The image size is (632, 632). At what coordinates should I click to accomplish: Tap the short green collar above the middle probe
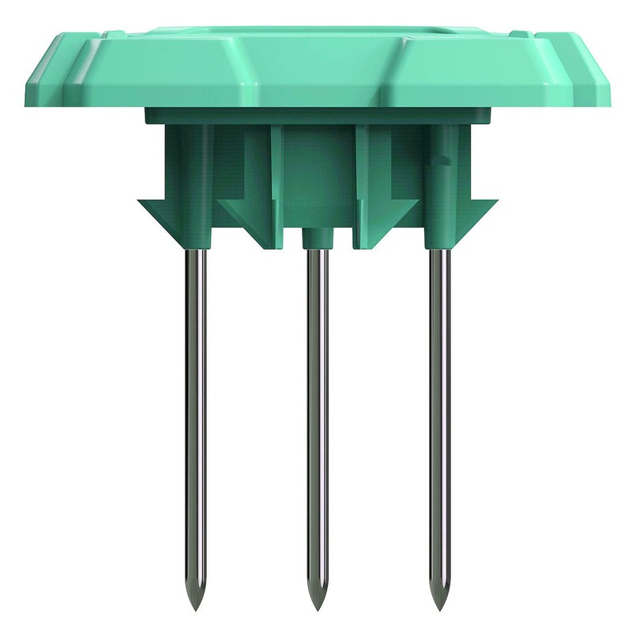coord(317,238)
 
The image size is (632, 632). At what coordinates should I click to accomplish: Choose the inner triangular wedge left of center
coord(245,213)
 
